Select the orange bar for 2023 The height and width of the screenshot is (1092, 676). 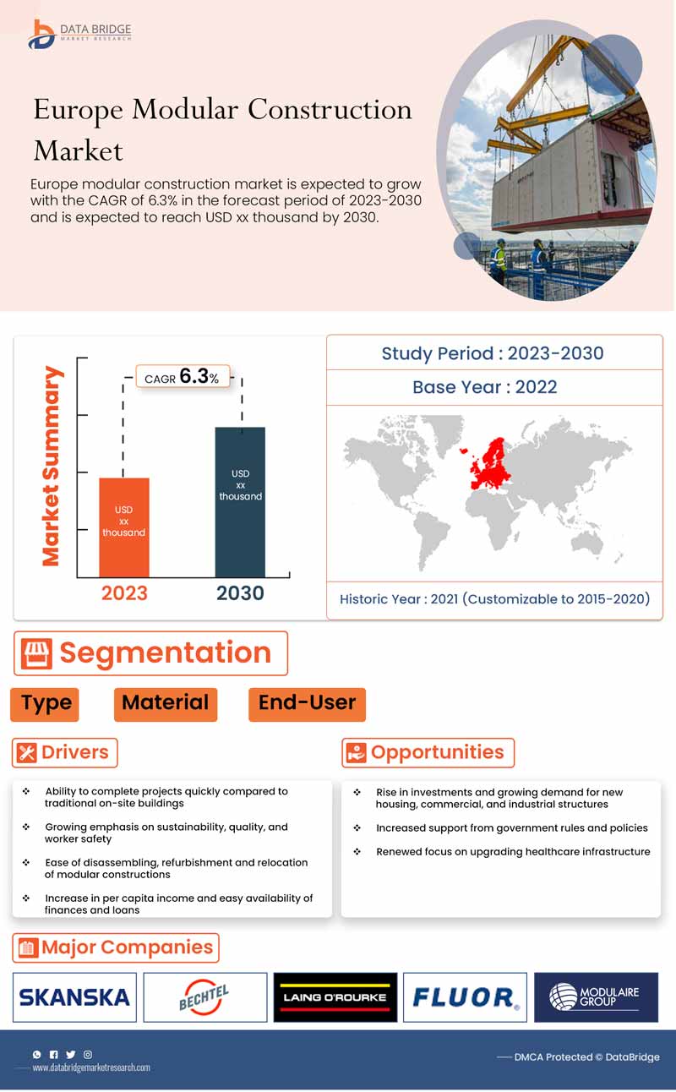pyautogui.click(x=124, y=527)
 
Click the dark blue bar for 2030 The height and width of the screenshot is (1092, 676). pyautogui.click(x=240, y=502)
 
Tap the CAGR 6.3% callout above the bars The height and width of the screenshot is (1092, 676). pyautogui.click(x=183, y=377)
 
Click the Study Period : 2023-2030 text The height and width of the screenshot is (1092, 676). pyautogui.click(x=493, y=353)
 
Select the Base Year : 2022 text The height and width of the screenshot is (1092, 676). pyautogui.click(x=485, y=387)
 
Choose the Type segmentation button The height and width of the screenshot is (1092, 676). pyautogui.click(x=46, y=703)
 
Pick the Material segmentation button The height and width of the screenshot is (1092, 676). pyautogui.click(x=165, y=703)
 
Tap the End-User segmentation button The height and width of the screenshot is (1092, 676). pyautogui.click(x=307, y=703)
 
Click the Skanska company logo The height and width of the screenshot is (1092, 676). pyautogui.click(x=74, y=997)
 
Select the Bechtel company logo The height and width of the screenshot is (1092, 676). pyautogui.click(x=204, y=997)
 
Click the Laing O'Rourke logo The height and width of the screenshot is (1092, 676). pyautogui.click(x=335, y=997)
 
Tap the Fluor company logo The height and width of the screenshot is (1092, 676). pyautogui.click(x=465, y=997)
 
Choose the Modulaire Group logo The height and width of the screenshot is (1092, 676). pyautogui.click(x=596, y=997)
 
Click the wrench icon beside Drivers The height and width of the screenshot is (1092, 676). pyautogui.click(x=27, y=752)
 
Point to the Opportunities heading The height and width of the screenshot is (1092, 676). pyautogui.click(x=437, y=752)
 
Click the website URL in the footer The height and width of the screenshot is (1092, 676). pyautogui.click(x=91, y=1067)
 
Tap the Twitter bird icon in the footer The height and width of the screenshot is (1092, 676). pyautogui.click(x=70, y=1054)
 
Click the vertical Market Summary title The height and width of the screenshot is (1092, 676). pyautogui.click(x=52, y=466)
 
